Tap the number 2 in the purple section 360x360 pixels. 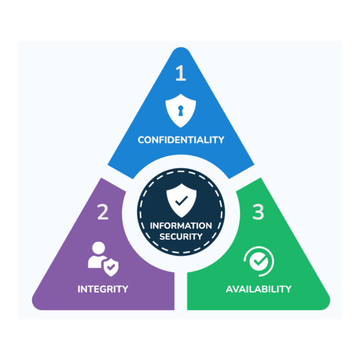tap(103, 212)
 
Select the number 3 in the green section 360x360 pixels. tap(258, 212)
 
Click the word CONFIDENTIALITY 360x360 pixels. tap(181, 140)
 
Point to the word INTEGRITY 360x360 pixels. tap(103, 289)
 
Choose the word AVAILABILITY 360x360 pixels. tap(259, 289)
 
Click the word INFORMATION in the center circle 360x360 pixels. tap(181, 226)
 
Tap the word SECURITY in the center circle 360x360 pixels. tap(181, 236)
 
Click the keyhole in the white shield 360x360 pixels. tap(181, 111)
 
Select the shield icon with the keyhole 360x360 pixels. tap(181, 110)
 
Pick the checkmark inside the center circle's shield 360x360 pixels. tap(181, 201)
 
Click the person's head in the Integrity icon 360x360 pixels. tap(98, 248)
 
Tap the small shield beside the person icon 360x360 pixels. tap(111, 267)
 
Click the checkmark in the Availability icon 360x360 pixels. tap(259, 261)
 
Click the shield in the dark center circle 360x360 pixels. tap(181, 200)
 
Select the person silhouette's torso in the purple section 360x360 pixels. tap(96, 262)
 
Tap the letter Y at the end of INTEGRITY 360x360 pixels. tap(125, 289)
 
